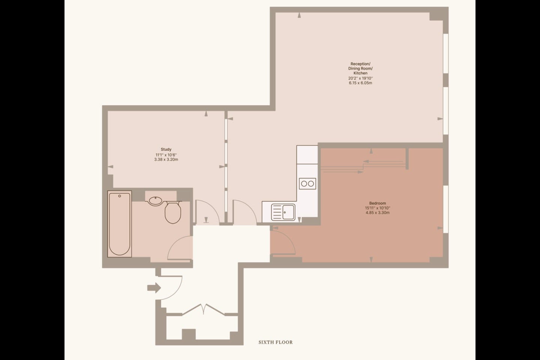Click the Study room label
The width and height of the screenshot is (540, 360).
[166, 149]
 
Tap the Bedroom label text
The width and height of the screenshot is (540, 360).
[378, 203]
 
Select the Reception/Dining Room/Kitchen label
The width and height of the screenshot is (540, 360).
[360, 68]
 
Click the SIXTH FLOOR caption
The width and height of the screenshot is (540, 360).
[276, 342]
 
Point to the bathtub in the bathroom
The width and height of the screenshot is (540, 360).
[120, 224]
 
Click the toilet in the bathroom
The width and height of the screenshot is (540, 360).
[173, 212]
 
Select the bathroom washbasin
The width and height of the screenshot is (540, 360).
[156, 201]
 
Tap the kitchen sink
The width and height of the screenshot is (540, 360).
[283, 212]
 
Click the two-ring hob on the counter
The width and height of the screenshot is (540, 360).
[307, 184]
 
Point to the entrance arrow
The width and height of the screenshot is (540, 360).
[154, 288]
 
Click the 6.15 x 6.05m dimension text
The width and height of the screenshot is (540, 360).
[360, 83]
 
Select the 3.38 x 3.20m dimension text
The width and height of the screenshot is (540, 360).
[166, 160]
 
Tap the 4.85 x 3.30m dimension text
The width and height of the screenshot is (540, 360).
[378, 213]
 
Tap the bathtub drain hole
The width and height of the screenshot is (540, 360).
[120, 196]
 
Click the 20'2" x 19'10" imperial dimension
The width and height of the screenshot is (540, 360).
[360, 78]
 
